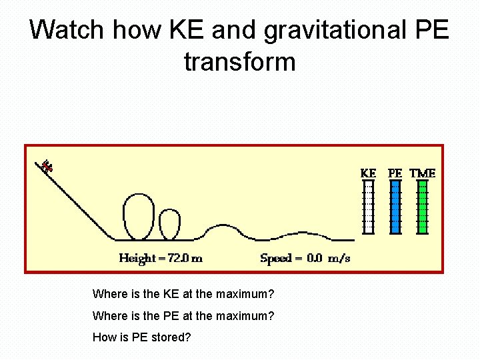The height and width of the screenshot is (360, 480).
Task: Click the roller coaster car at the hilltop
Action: (46, 166)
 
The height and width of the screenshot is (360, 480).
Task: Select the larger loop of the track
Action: (138, 216)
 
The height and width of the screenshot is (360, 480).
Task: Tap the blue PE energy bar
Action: (395, 207)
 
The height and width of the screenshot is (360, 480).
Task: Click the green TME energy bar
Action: (422, 207)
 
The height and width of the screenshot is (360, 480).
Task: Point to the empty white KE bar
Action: (368, 207)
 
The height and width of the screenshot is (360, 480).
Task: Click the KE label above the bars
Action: (368, 173)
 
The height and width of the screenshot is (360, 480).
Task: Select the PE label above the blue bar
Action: (395, 173)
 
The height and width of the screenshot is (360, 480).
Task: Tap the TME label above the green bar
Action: (422, 173)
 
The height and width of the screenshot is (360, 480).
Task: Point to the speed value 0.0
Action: (315, 259)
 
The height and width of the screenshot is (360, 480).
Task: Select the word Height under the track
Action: (137, 259)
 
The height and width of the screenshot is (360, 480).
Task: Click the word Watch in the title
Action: (67, 30)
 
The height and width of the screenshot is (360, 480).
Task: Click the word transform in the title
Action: (239, 62)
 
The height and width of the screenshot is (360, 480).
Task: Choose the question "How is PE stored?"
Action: (141, 337)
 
